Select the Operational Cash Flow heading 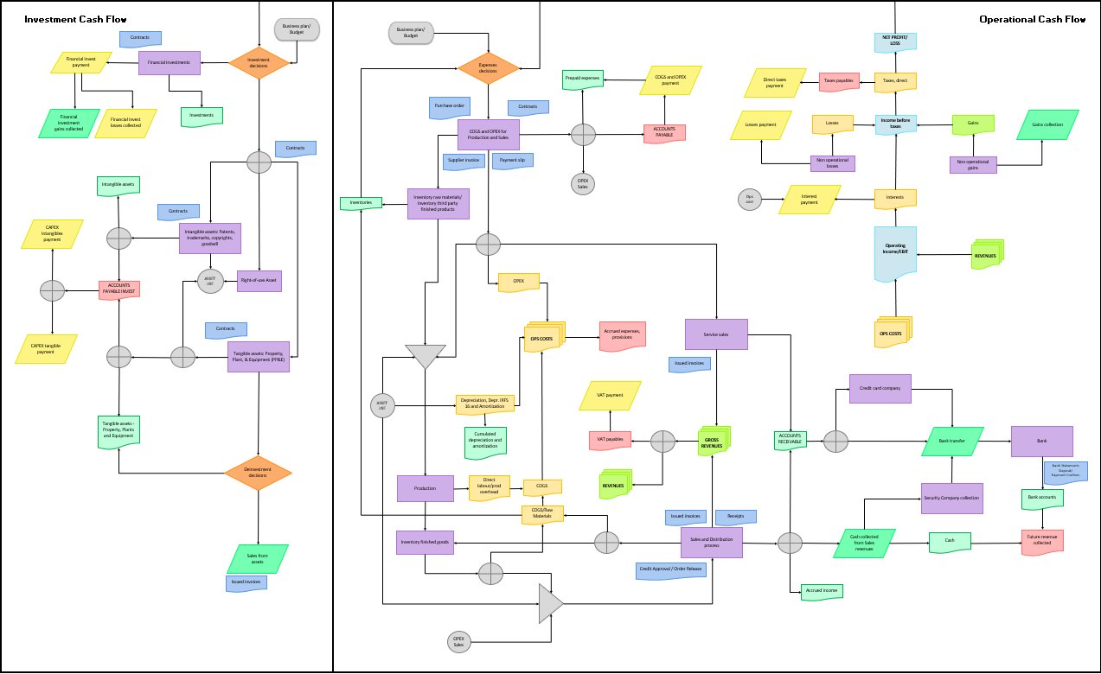[1032, 19]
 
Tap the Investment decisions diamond [259, 62]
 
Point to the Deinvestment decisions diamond [258, 474]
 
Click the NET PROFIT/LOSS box [895, 40]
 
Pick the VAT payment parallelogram [610, 396]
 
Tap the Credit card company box [880, 389]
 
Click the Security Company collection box [951, 498]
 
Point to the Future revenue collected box [1041, 542]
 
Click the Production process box [425, 488]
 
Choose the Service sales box [716, 334]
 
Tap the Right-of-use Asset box [259, 281]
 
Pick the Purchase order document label [450, 106]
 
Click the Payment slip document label [513, 160]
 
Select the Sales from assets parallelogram [257, 558]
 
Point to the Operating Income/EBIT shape [895, 254]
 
